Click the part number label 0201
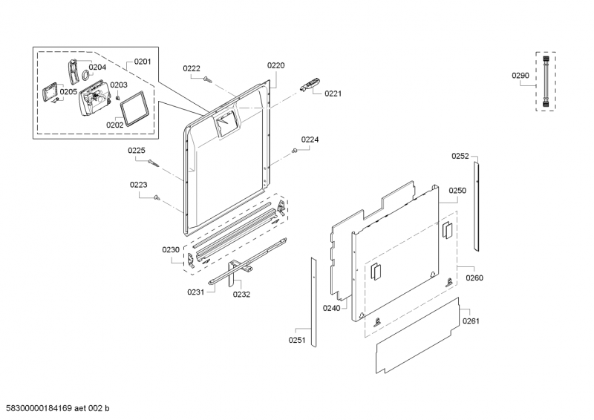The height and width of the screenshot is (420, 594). pos(143,62)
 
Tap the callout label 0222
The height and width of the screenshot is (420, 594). pos(192,68)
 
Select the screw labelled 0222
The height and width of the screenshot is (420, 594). pos(207,79)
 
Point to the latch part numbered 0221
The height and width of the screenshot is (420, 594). pos(310,84)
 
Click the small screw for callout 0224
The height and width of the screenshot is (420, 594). pos(294,151)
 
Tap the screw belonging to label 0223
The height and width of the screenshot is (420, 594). pos(157,197)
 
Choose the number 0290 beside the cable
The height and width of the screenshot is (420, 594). pos(520,76)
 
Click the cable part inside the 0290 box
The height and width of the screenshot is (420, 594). pos(546,82)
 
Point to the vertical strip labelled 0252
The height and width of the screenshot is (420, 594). pos(476,206)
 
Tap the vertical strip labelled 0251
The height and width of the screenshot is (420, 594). pos(313,302)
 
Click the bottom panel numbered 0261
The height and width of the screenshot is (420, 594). pos(418,335)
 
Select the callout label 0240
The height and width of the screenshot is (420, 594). pos(331,309)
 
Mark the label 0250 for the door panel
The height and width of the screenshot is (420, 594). pos(457,191)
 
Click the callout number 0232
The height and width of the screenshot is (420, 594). pos(242,295)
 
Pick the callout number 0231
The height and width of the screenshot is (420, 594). pos(196,292)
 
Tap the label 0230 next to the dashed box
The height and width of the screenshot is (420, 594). pos(171,250)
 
